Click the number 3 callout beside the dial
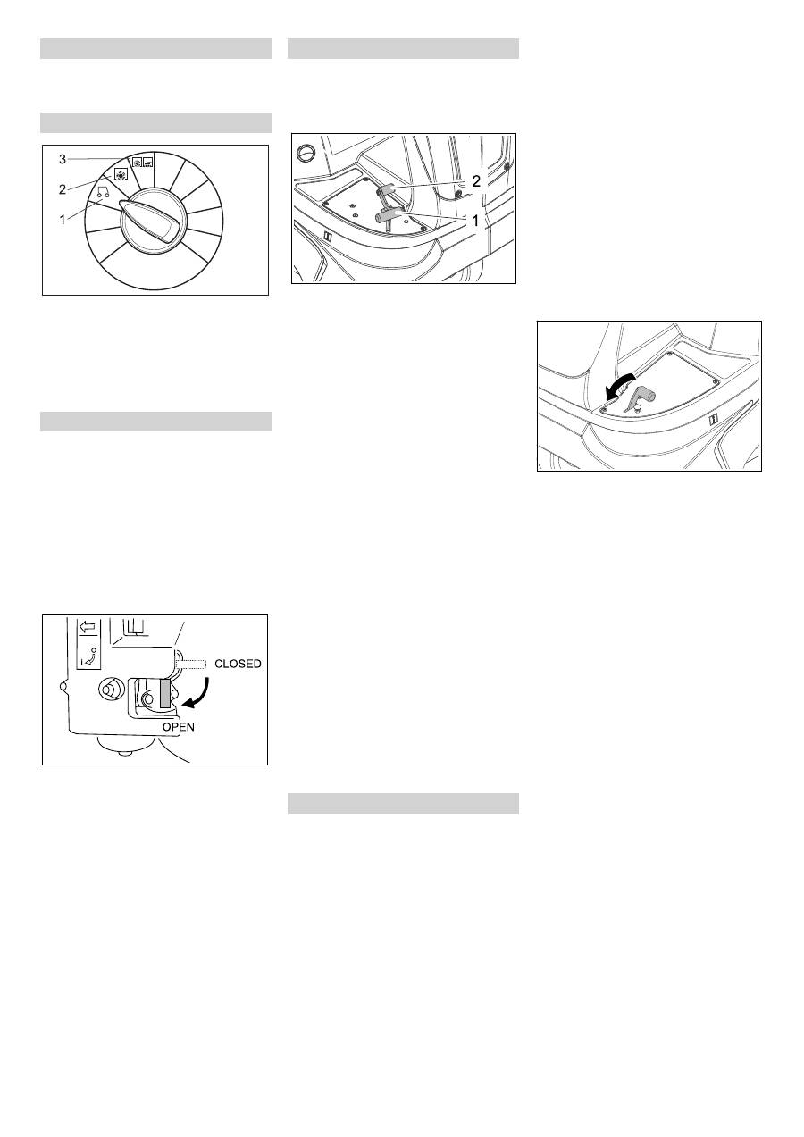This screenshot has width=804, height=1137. pos(63,159)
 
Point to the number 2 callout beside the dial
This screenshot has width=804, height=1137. pos(63,190)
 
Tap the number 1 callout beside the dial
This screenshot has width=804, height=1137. pos(63,220)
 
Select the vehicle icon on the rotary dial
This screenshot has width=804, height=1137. pos(103,191)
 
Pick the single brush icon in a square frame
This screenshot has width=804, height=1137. pos(121,173)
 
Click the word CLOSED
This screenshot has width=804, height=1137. pos(238,664)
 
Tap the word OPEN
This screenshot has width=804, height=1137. pos(179,727)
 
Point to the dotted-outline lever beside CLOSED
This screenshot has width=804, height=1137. pos(191,664)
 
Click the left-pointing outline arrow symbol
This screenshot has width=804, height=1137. pos(88,627)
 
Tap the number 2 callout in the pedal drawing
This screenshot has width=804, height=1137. pos(475,180)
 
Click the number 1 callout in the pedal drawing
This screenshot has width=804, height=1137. pos(475,221)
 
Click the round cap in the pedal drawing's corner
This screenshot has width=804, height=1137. pos(306,151)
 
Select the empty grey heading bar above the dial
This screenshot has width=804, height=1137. pos(155,123)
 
